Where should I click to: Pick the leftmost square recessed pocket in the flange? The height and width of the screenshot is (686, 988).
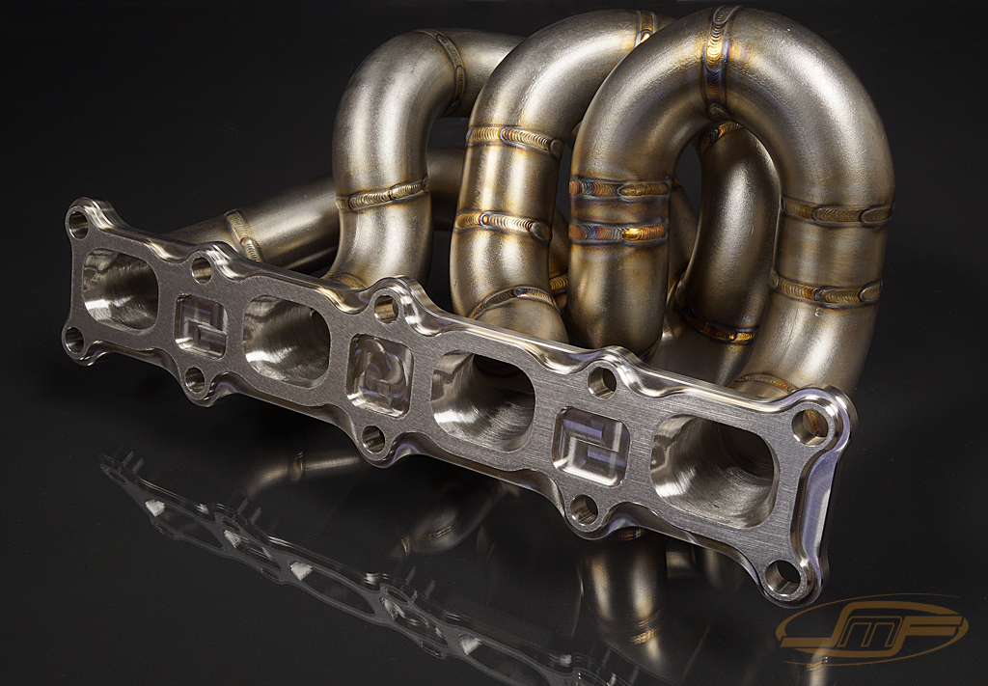pos(201,326)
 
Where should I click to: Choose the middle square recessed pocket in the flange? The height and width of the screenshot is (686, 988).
pos(378,374)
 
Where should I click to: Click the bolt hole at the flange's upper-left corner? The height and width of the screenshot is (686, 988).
pos(77,223)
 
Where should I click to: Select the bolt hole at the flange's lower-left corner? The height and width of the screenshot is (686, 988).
pos(73,339)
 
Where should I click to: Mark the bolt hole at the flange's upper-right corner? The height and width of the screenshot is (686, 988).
pos(807,421)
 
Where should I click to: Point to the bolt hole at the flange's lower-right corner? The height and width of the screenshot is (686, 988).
pos(782,576)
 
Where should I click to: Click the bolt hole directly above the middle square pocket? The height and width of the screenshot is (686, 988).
pos(385,309)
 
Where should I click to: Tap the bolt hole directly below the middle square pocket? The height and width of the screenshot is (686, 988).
pos(372,440)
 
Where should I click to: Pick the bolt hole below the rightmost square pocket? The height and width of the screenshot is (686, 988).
pos(582,508)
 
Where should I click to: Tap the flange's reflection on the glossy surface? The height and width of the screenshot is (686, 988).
pos(289,560)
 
